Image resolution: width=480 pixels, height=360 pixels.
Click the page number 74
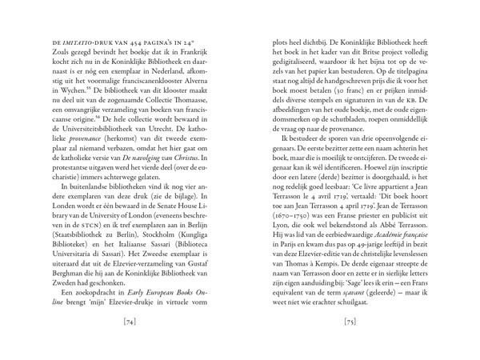pos(118,323)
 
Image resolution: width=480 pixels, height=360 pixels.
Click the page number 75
pos(362,323)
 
